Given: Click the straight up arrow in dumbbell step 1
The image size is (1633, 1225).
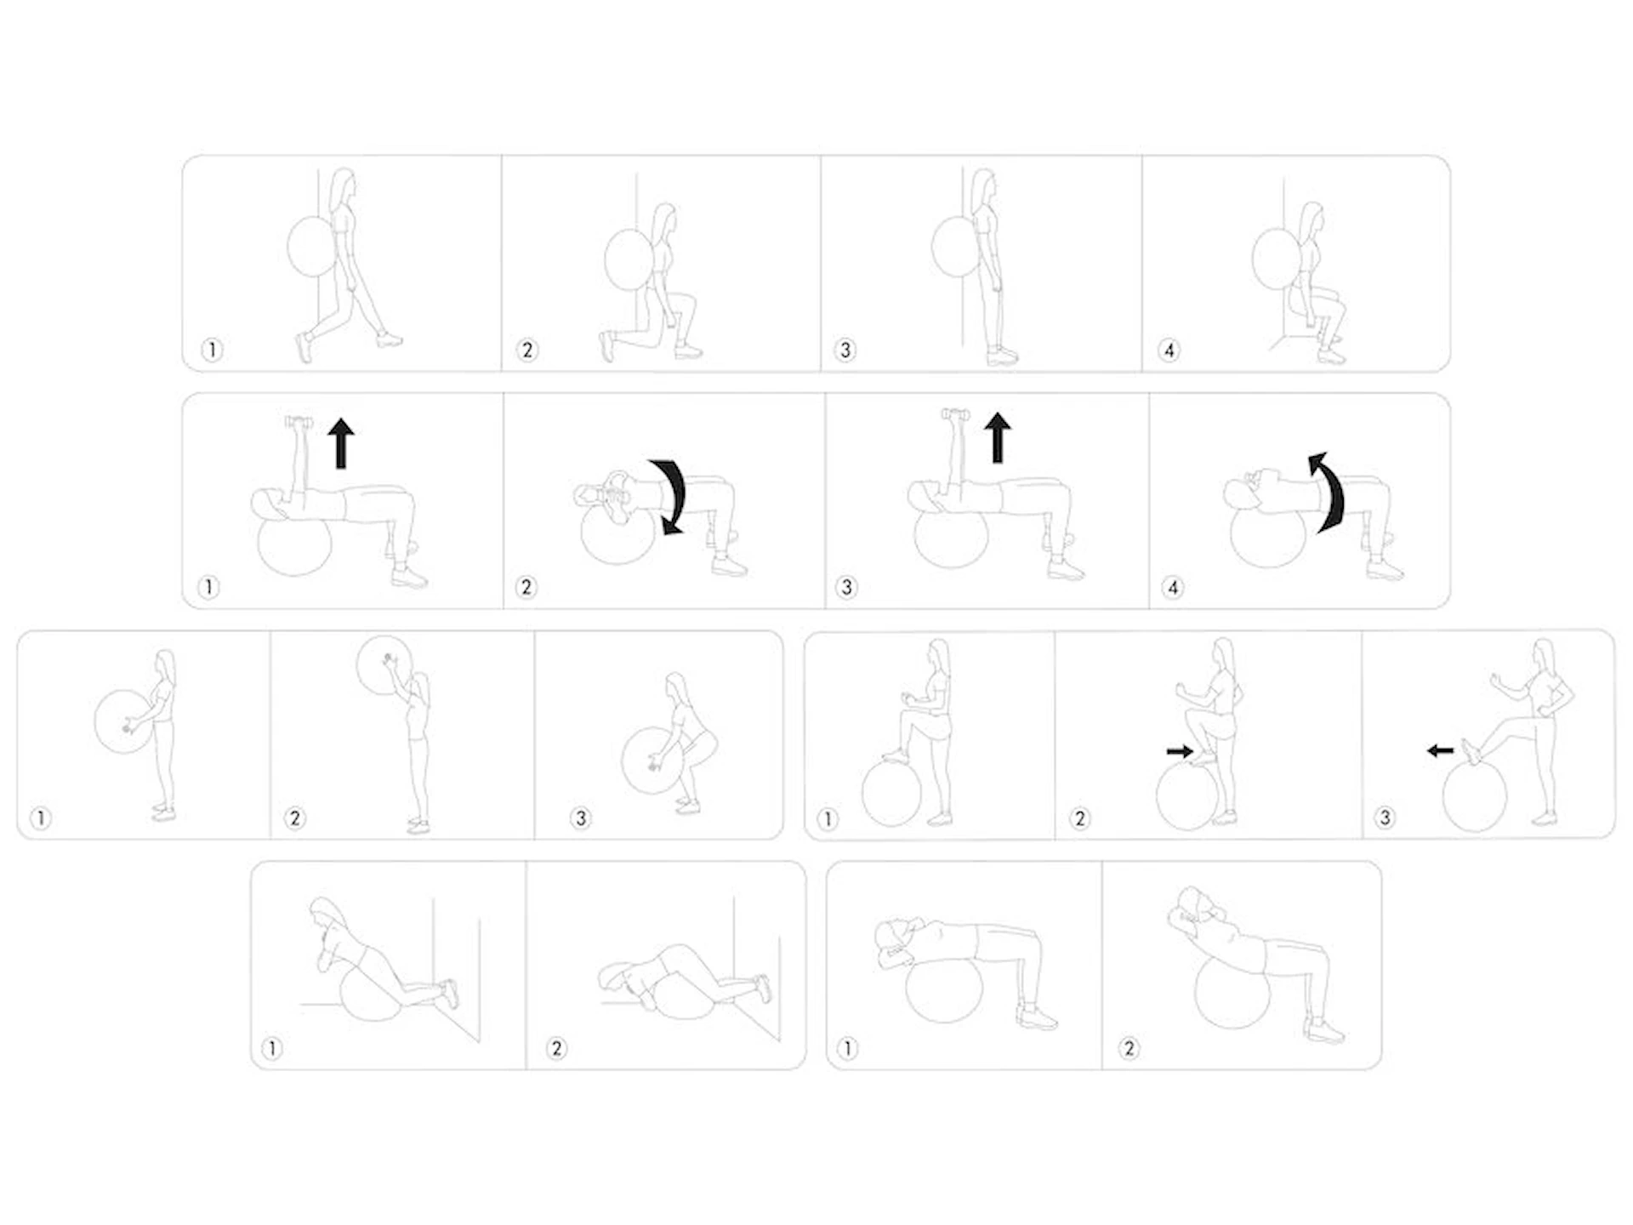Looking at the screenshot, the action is tap(341, 443).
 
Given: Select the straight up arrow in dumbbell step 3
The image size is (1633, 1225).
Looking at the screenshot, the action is tap(998, 438).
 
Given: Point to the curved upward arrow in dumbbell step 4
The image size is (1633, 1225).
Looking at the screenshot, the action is tap(1327, 493).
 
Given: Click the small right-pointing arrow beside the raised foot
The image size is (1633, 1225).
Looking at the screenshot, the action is tap(1180, 751).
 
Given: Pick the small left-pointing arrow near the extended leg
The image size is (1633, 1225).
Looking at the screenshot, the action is tap(1440, 750).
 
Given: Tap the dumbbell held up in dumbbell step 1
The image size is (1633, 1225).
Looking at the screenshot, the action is tap(299, 423).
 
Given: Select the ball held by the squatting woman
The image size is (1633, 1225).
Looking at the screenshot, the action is tap(652, 761).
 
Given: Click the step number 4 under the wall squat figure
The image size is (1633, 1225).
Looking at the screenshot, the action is tap(1169, 350).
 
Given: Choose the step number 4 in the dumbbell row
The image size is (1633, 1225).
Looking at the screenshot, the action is tap(1173, 587).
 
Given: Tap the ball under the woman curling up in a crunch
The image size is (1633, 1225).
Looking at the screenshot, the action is tap(1232, 992).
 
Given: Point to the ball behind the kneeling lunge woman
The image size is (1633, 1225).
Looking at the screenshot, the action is tap(629, 259).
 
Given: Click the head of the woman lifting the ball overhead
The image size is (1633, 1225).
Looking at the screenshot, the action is tap(418, 682).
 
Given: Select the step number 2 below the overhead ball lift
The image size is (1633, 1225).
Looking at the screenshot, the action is tap(294, 818).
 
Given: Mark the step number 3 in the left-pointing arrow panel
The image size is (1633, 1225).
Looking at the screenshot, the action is tap(1385, 818).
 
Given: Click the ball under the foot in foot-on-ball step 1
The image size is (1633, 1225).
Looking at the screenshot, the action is tap(891, 793).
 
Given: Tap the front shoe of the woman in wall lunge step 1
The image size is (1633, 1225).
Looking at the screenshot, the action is tap(388, 340).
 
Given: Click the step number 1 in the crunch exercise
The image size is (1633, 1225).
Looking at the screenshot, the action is tap(847, 1048).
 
